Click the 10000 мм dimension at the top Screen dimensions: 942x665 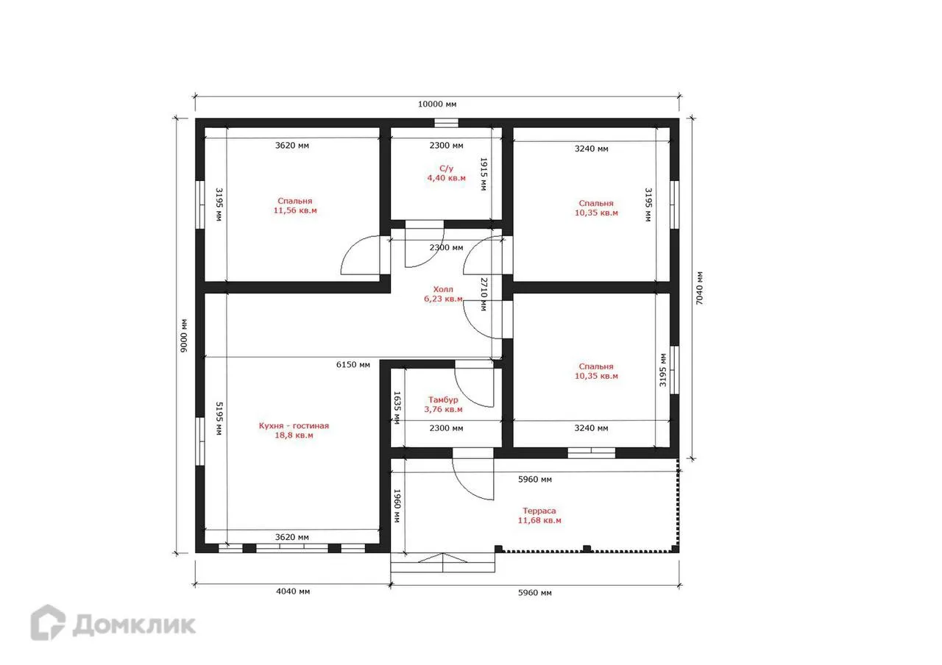437,104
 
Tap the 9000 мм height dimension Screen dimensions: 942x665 184,335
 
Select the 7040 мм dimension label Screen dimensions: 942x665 699,288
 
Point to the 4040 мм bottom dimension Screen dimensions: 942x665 293,591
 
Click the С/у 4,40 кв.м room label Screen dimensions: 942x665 446,173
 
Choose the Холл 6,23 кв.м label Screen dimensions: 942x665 443,294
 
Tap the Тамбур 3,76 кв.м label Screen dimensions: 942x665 443,404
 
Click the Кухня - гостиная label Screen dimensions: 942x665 294,426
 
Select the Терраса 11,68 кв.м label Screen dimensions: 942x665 539,516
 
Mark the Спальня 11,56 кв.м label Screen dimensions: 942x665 295,205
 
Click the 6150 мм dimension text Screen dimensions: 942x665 353,364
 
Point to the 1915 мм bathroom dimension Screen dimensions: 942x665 484,174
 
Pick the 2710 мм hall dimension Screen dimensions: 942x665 484,294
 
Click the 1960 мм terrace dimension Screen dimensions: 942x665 397,505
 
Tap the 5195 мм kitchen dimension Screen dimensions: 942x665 219,419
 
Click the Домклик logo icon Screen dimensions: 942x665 48,622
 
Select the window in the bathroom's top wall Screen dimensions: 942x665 446,123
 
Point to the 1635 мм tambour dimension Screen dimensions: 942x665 397,408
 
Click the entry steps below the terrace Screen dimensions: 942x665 442,563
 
